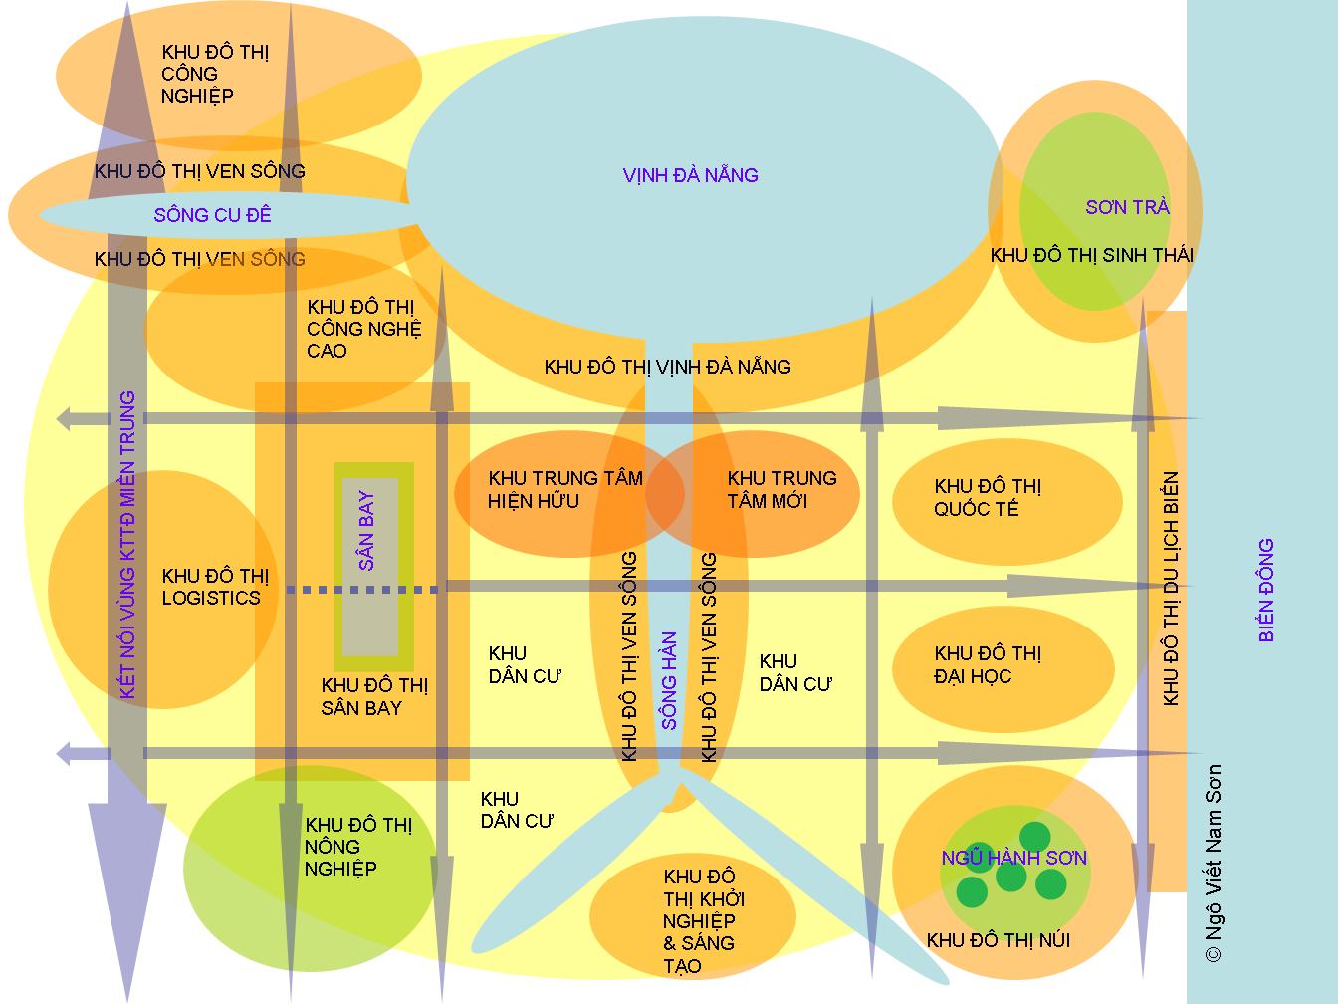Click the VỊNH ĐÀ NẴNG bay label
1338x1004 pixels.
click(691, 175)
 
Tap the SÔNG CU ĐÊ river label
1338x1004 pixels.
click(212, 214)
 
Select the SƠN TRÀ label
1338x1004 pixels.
click(1127, 207)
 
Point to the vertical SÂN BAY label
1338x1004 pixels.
click(366, 530)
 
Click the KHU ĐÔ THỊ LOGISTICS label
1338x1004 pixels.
click(215, 587)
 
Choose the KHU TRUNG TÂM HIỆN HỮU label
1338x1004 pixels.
click(565, 489)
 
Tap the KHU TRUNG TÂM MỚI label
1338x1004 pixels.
click(782, 489)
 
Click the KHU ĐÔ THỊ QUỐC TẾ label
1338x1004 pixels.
click(988, 497)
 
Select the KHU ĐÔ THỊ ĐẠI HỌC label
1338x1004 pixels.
click(988, 665)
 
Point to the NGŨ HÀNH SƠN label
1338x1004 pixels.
click(1013, 858)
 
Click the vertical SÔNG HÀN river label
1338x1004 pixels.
click(669, 681)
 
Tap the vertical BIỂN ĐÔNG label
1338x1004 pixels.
click(1266, 590)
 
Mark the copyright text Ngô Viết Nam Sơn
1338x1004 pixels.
click(1213, 864)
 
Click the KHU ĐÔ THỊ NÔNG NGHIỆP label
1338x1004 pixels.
click(358, 847)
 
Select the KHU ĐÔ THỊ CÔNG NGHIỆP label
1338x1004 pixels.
click(215, 74)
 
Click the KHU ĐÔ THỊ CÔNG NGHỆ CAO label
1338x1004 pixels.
click(364, 329)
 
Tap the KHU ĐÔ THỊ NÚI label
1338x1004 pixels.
click(999, 940)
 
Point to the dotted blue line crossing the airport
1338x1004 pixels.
click(362, 590)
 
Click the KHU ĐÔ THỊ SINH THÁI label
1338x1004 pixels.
click(1092, 255)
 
